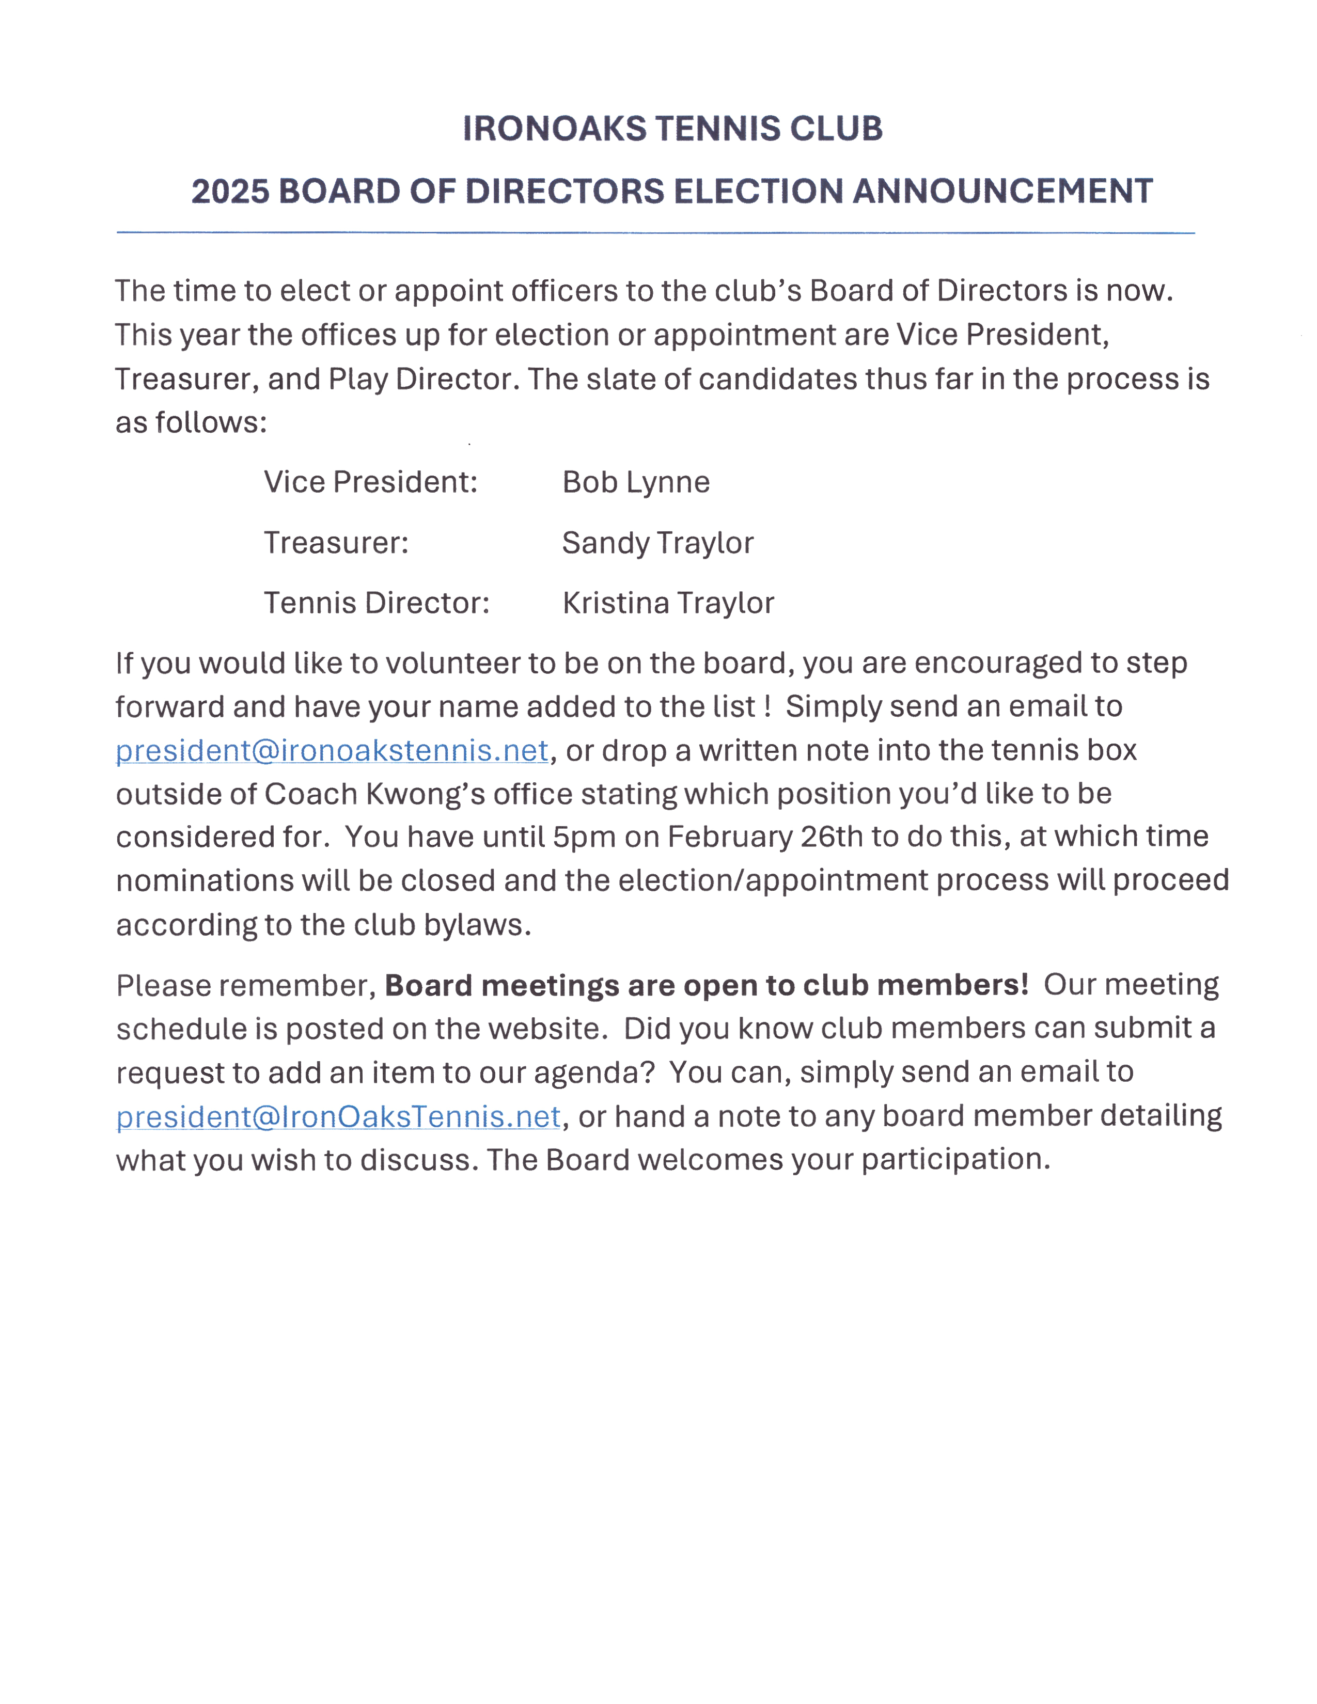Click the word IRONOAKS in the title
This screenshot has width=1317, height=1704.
tap(554, 129)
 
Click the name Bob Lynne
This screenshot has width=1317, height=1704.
tap(636, 482)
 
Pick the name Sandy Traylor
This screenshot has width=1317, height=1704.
tap(657, 543)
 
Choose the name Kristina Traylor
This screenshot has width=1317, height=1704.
tap(668, 603)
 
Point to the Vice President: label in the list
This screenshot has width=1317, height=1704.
tap(371, 482)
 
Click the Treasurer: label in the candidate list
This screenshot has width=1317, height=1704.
tap(336, 543)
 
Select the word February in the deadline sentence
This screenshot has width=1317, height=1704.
tap(729, 837)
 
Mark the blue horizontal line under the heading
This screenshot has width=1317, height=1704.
tap(655, 232)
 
